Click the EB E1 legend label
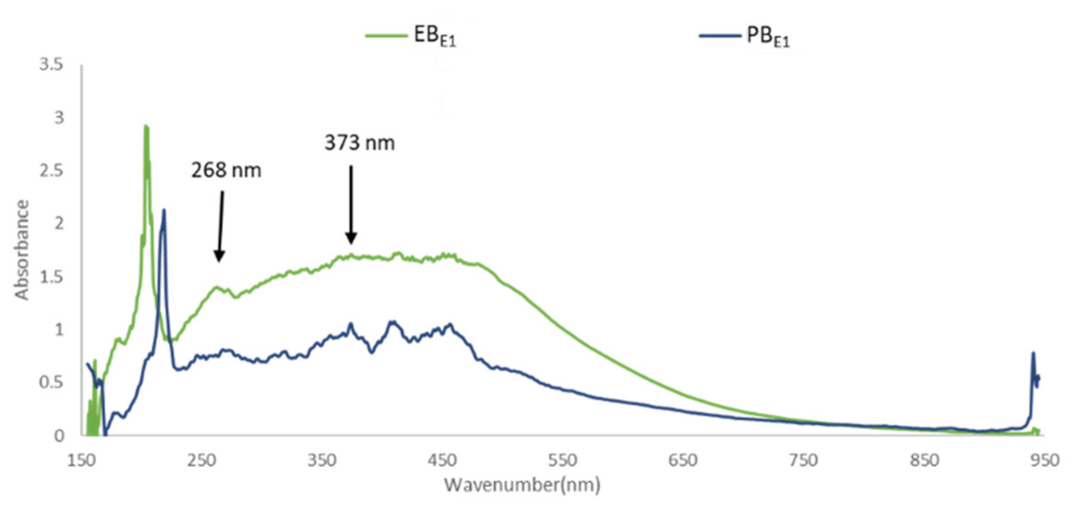[x=434, y=36]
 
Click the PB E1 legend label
[x=768, y=36]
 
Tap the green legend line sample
[x=386, y=36]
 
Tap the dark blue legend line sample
[x=720, y=36]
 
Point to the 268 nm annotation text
[x=226, y=170]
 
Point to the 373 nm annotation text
[x=360, y=143]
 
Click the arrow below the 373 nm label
[x=351, y=204]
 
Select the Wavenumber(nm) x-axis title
[x=522, y=485]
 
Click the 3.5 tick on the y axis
[x=51, y=65]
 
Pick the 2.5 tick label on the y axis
[x=51, y=171]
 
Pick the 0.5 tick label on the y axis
[x=51, y=383]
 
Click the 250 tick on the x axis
[x=202, y=460]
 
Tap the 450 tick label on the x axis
[x=442, y=460]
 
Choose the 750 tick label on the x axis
[x=803, y=460]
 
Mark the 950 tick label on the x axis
[x=1044, y=460]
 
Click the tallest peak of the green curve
[x=146, y=127]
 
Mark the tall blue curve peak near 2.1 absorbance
[x=163, y=211]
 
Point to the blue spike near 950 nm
[x=1033, y=354]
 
